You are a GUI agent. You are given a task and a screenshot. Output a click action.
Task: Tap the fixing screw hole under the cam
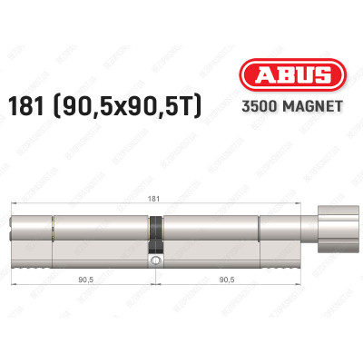click(155, 261)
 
